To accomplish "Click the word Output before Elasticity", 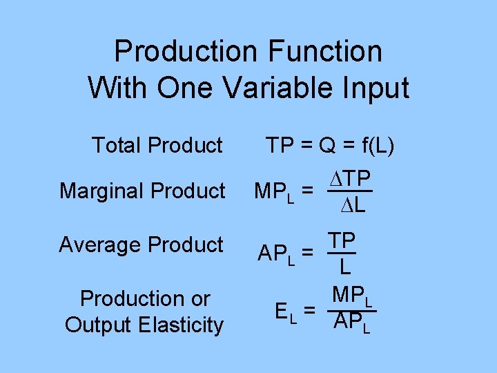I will (103, 325).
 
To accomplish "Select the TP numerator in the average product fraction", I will (342, 240).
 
